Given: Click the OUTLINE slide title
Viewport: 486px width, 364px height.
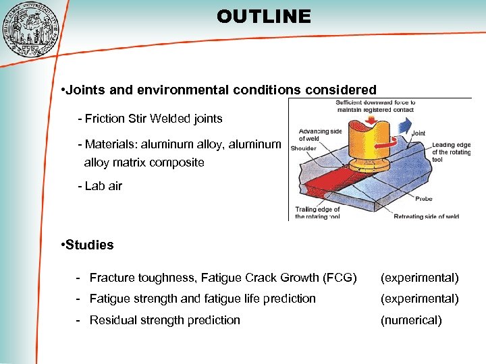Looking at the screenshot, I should [264, 16].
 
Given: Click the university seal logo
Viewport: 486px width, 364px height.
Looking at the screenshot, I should [30, 28].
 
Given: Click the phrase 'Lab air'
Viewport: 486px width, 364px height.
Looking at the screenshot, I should [103, 186].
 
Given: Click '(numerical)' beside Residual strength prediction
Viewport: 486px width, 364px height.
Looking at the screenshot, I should [411, 320].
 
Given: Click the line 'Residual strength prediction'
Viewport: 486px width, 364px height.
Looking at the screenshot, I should [165, 320].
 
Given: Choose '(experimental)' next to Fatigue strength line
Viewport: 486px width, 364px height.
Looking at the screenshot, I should [419, 299].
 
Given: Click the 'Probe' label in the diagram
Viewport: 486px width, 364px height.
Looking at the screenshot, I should [423, 199].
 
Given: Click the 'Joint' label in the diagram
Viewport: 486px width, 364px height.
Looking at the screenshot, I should [418, 133].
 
